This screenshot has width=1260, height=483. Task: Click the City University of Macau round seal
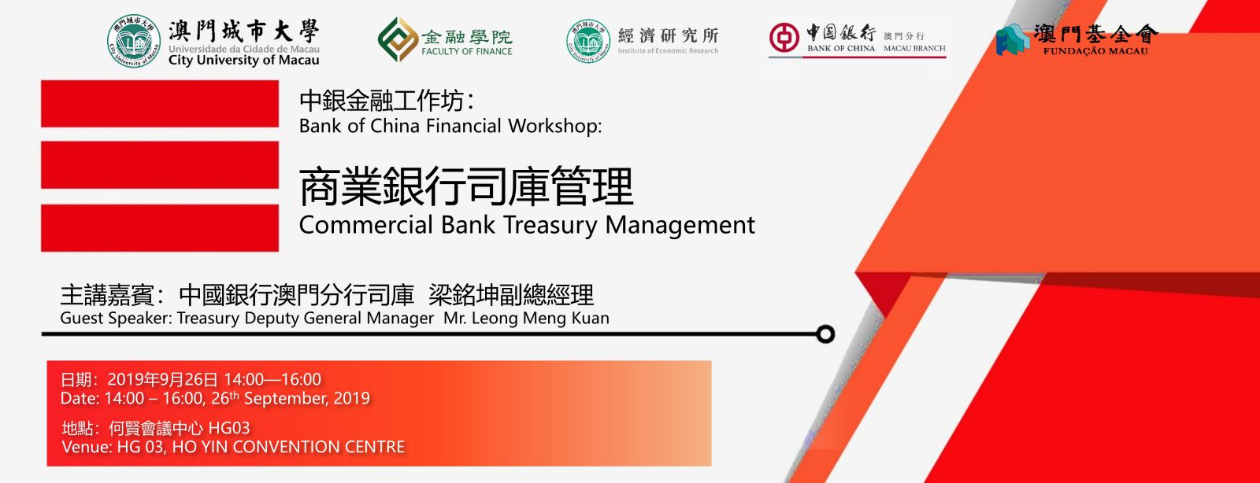133,41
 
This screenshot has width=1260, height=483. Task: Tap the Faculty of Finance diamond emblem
398,39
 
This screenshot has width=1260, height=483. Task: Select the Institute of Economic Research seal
587,41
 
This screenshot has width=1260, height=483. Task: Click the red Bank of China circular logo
784,38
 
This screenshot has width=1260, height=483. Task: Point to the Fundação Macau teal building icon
1013,40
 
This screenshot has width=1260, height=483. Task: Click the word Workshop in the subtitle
554,126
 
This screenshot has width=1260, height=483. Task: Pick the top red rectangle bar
160,103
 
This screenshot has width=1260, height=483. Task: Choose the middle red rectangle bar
160,164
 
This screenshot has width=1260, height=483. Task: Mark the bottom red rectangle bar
160,227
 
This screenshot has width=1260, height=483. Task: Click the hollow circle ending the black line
825,334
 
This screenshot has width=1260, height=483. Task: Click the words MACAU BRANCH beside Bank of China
914,48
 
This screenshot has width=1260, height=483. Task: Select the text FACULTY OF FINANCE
467,51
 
